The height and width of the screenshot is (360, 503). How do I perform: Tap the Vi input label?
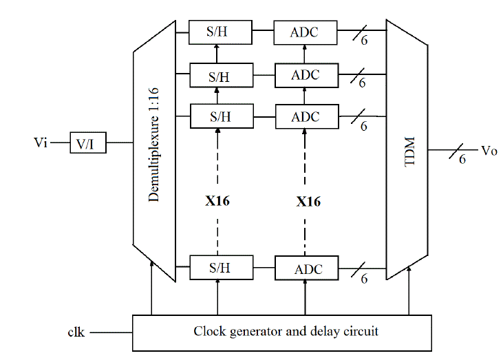click(x=41, y=142)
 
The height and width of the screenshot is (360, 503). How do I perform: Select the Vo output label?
click(x=488, y=150)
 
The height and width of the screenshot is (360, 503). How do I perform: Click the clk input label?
click(x=76, y=332)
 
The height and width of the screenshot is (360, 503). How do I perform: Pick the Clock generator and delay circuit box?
click(x=281, y=332)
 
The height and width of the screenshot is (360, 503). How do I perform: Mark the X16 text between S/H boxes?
click(x=217, y=202)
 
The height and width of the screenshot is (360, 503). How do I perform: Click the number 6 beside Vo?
click(x=462, y=159)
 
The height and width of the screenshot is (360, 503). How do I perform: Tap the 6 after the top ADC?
click(x=363, y=43)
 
